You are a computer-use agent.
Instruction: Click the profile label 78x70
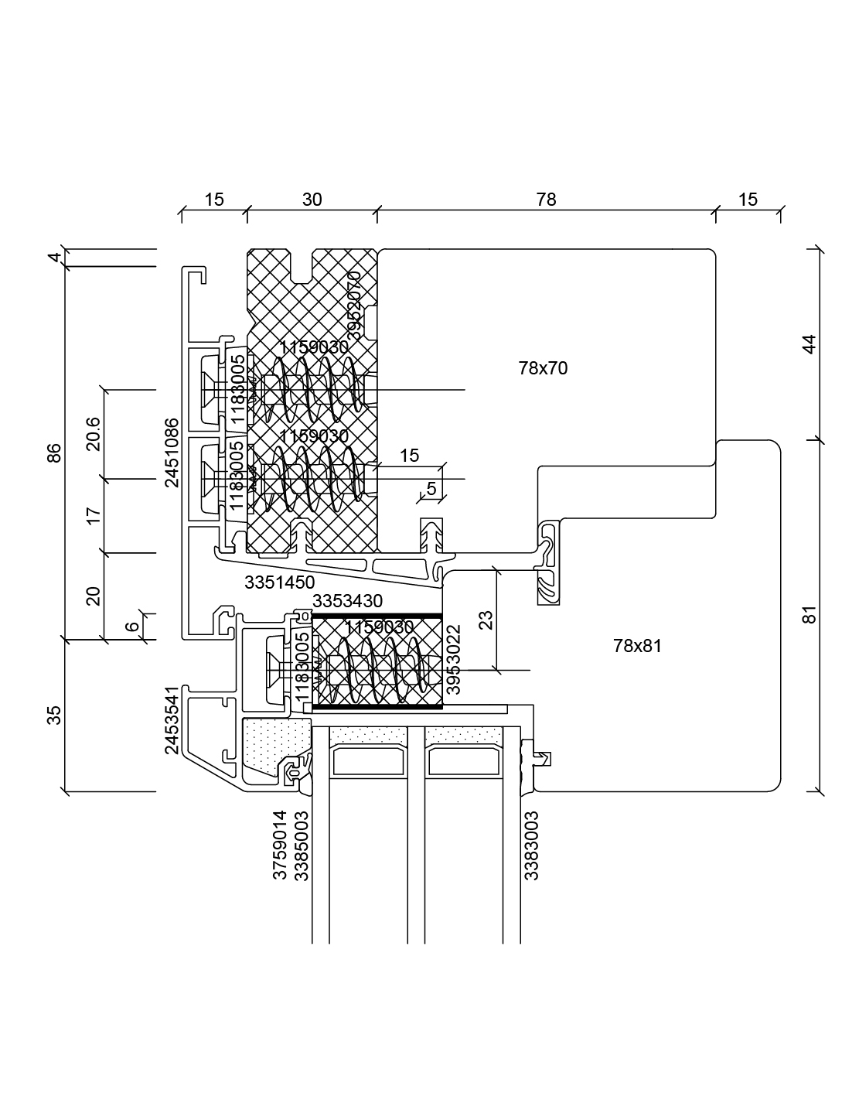tap(543, 368)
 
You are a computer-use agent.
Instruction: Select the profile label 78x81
tap(637, 646)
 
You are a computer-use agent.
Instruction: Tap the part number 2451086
tap(172, 453)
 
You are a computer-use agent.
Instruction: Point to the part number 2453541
tap(172, 719)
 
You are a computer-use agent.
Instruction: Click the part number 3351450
tap(279, 583)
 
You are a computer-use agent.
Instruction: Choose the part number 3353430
tap(347, 601)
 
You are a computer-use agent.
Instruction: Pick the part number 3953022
tap(454, 659)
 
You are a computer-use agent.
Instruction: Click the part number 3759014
tap(280, 845)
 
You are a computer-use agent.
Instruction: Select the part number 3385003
tap(302, 845)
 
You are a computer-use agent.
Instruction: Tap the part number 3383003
tap(531, 845)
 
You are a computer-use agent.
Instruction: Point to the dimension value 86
tap(54, 453)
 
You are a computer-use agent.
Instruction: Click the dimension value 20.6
tap(93, 433)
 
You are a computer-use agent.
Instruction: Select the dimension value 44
tap(810, 343)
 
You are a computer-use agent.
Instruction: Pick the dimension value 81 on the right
tap(810, 615)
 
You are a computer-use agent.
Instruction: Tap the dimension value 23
tap(486, 620)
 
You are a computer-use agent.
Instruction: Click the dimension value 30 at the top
tap(312, 200)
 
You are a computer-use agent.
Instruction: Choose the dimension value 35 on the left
tap(54, 716)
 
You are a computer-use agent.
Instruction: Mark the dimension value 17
tap(94, 516)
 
